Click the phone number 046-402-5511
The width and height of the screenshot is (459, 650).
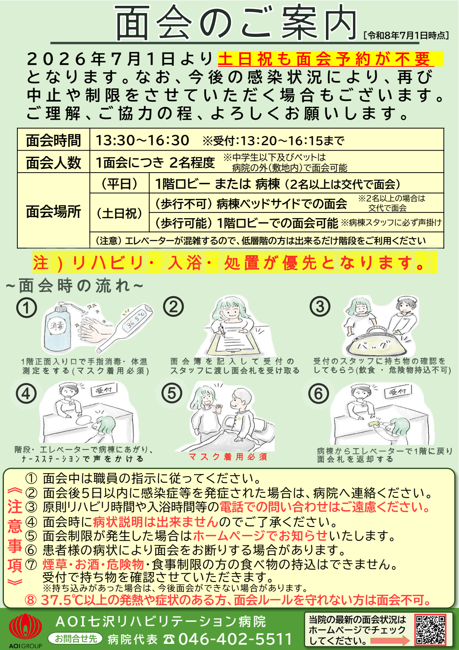click(235, 639)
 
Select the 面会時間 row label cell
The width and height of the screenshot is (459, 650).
click(54, 139)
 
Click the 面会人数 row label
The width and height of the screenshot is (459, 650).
click(54, 162)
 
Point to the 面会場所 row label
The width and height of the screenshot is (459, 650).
click(54, 211)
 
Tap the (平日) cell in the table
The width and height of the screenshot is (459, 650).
click(120, 183)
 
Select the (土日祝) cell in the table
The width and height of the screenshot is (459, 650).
click(120, 213)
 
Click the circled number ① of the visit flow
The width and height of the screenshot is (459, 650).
click(27, 307)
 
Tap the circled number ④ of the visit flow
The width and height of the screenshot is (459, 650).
click(26, 394)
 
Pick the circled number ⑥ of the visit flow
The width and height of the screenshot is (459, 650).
click(319, 394)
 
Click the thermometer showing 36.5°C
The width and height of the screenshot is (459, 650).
click(125, 327)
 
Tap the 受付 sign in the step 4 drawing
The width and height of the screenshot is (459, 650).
click(104, 390)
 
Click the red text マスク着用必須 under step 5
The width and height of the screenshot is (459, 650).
click(228, 457)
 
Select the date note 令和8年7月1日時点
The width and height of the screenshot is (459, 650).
click(406, 36)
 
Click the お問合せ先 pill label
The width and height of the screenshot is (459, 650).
click(76, 638)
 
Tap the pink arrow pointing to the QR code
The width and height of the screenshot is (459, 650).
click(390, 641)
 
